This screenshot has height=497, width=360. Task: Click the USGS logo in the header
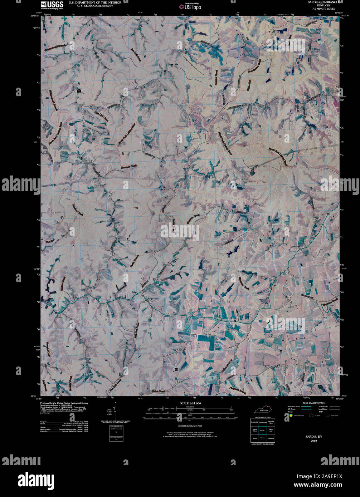(x=52, y=5)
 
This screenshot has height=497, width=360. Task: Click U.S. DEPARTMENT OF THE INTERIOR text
(x=95, y=2)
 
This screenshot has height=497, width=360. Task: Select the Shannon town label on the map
(x=297, y=247)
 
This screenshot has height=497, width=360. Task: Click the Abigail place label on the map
(x=88, y=162)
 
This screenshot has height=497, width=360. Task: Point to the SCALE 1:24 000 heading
(x=190, y=403)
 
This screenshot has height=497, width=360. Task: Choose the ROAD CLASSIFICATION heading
(x=313, y=403)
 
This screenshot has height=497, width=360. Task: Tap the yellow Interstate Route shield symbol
(x=291, y=415)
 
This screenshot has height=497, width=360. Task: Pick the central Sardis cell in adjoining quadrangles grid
(x=263, y=430)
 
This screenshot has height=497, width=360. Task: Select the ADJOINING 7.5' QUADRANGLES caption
(x=263, y=444)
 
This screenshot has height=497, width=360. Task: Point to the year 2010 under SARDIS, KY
(x=313, y=441)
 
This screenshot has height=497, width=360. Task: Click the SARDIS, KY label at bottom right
(x=313, y=437)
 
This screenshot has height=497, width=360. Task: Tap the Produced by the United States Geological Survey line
(x=64, y=403)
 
